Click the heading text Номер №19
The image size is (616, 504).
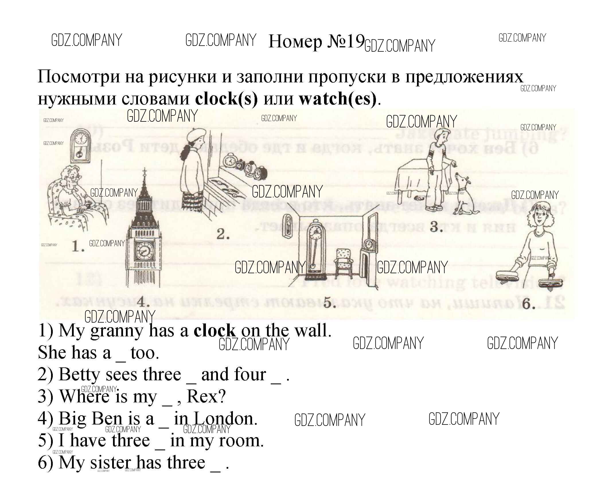coord(316,42)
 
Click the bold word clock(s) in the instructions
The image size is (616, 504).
coord(226,99)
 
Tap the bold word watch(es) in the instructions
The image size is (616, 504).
coord(338,99)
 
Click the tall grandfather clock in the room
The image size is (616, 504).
coord(315,247)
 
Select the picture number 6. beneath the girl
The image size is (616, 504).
coord(529,304)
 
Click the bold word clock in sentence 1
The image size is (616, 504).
coord(215,331)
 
